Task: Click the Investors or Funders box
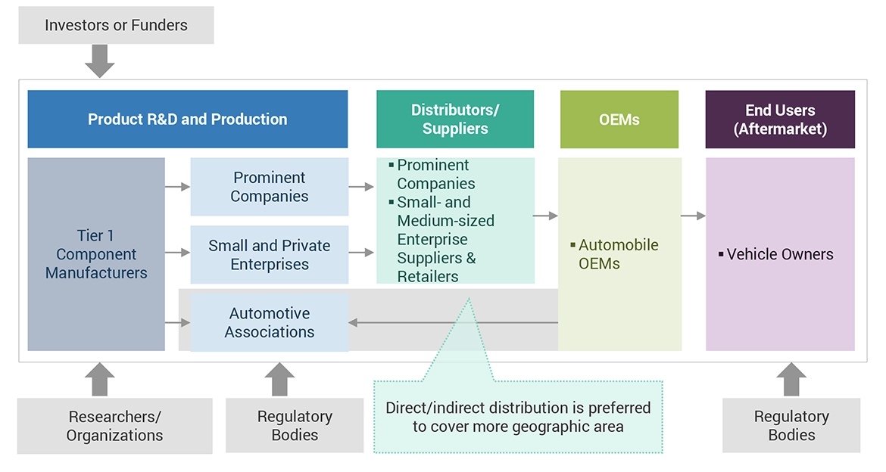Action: tap(116, 25)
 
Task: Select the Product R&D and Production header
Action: tap(187, 120)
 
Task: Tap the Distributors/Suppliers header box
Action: tap(454, 120)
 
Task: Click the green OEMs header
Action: tap(619, 120)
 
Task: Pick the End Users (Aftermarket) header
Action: tap(780, 120)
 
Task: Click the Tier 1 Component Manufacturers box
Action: tap(96, 254)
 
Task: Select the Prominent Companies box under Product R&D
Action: tap(269, 187)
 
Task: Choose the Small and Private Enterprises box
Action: tap(269, 255)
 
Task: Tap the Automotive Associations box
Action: tap(269, 323)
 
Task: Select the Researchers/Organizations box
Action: tap(114, 426)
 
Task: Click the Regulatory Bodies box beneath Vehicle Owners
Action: tap(791, 426)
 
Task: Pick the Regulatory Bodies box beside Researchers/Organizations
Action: tap(295, 426)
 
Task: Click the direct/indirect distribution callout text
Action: tap(518, 417)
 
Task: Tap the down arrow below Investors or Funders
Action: tap(99, 61)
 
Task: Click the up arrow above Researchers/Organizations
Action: tap(99, 379)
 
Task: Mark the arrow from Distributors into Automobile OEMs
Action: tap(545, 216)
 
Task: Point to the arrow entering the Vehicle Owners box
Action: tap(693, 216)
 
